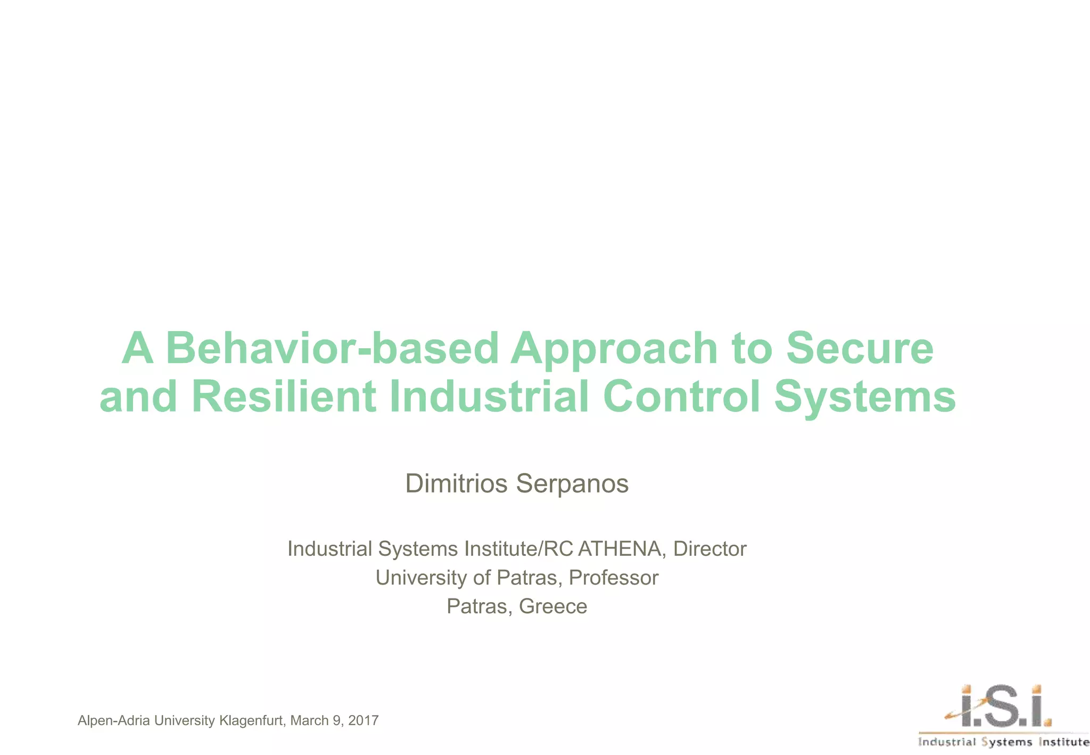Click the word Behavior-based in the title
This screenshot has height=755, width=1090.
pyautogui.click(x=332, y=349)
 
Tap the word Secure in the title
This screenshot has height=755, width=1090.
pyautogui.click(x=859, y=349)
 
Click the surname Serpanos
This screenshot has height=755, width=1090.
pyautogui.click(x=572, y=483)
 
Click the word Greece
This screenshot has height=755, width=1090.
pyautogui.click(x=553, y=606)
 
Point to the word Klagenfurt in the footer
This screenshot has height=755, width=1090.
pyautogui.click(x=253, y=721)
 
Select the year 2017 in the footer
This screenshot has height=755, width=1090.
pyautogui.click(x=364, y=721)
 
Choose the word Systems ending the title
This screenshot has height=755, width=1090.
pyautogui.click(x=865, y=397)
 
